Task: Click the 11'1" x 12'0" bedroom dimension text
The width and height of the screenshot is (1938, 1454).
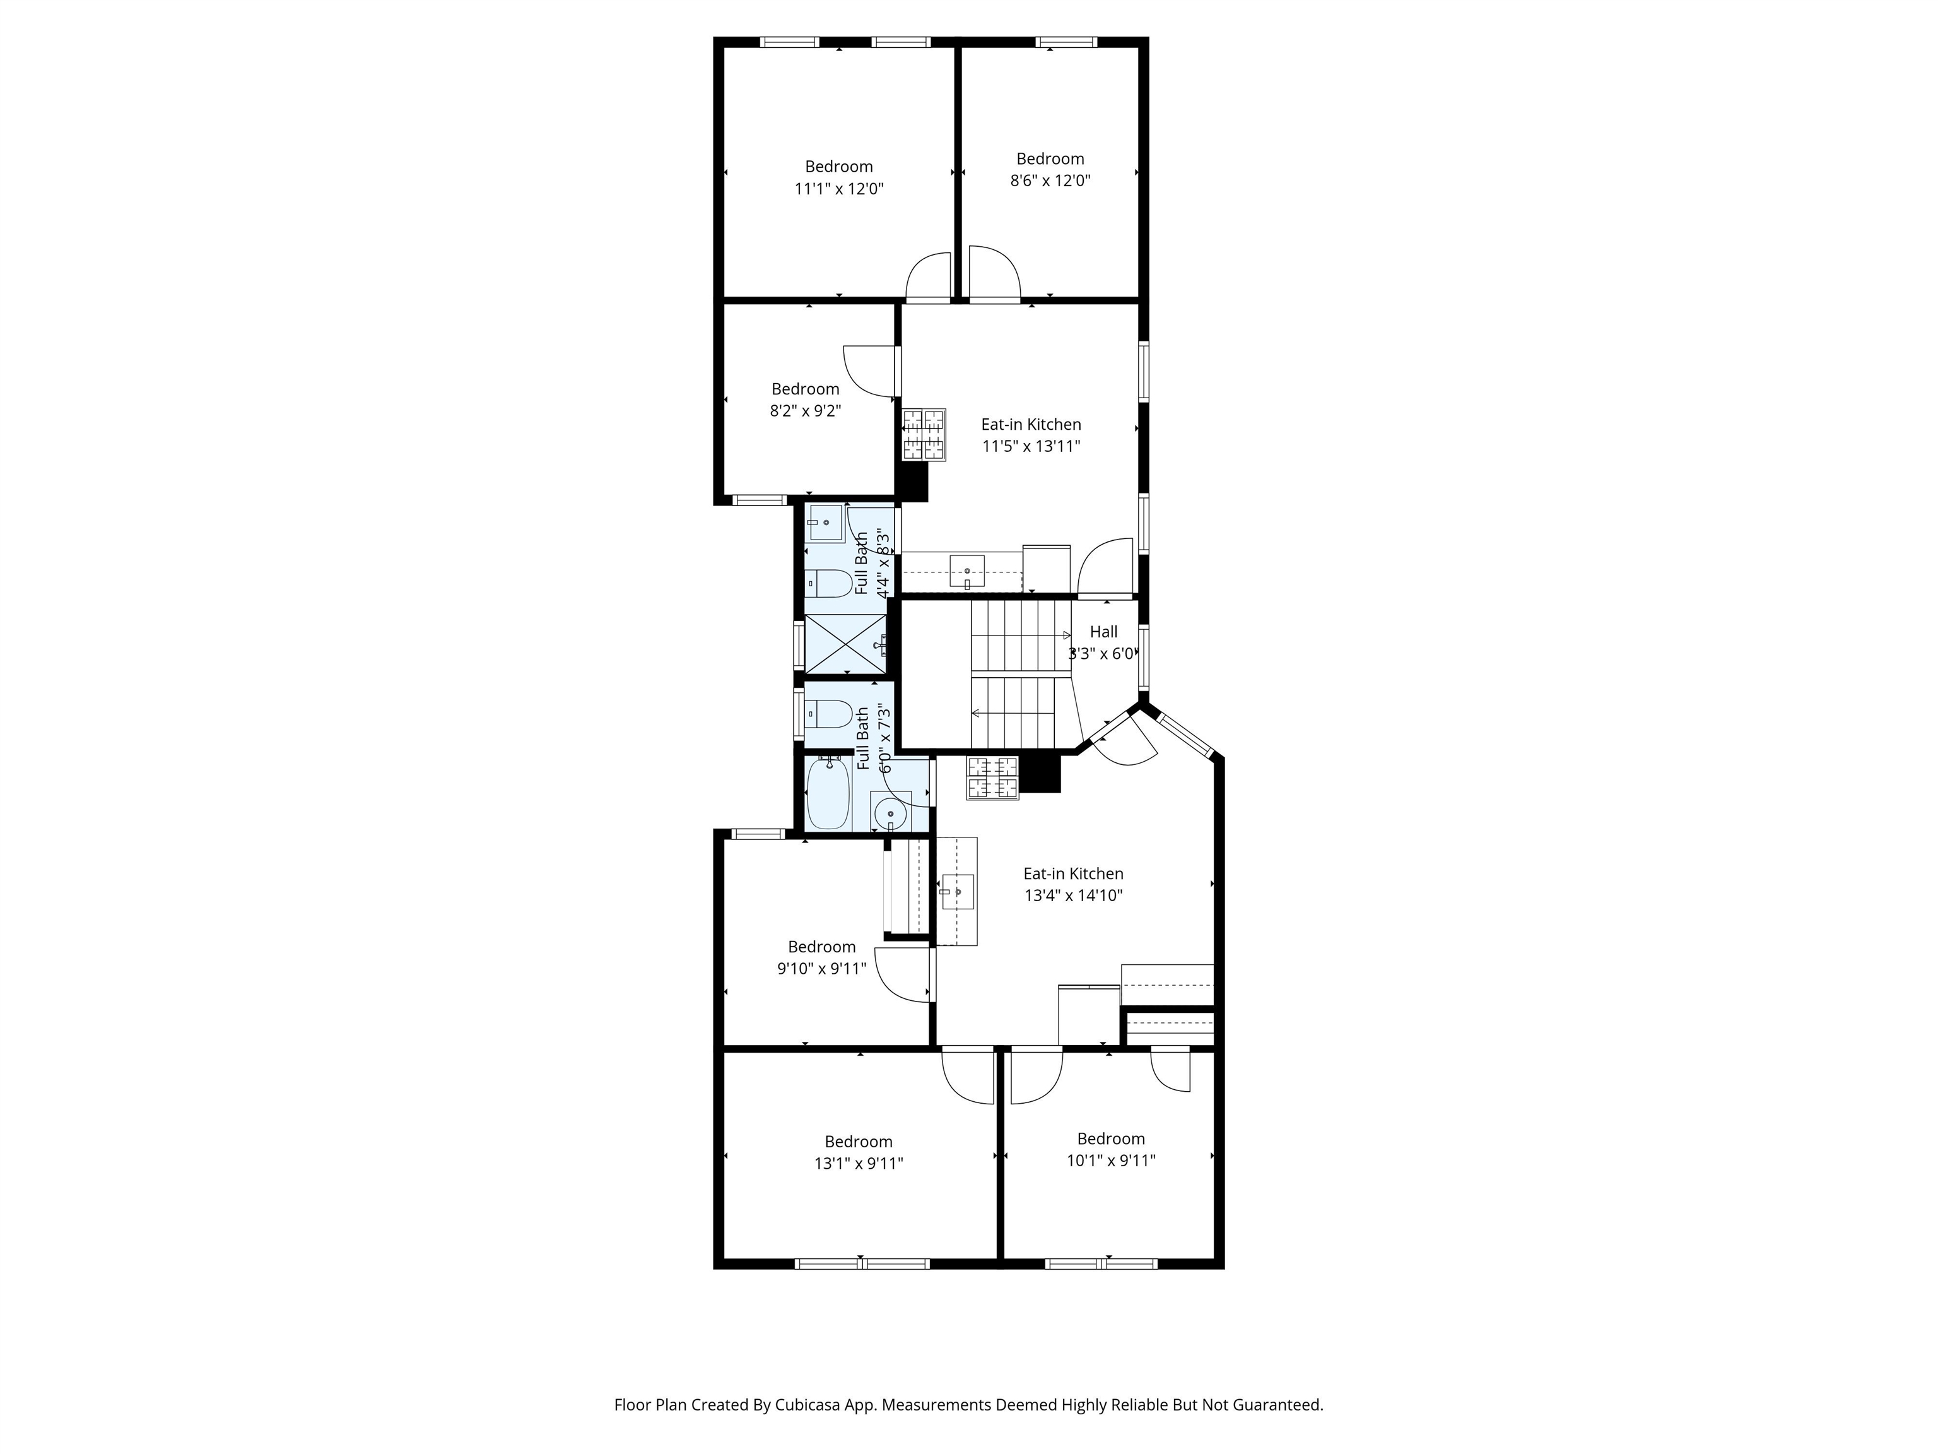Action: [x=838, y=189]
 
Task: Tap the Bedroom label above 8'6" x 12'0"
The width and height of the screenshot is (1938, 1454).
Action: [x=1050, y=158]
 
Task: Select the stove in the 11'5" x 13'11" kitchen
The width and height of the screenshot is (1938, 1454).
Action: [x=924, y=435]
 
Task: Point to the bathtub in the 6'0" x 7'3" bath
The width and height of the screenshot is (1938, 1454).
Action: [x=828, y=794]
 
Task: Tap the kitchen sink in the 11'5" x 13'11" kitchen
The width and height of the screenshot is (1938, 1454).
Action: [x=966, y=571]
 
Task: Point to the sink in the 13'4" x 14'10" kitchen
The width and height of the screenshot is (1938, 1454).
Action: [x=957, y=891]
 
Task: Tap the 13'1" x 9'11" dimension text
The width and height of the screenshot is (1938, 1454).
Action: [x=859, y=1163]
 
